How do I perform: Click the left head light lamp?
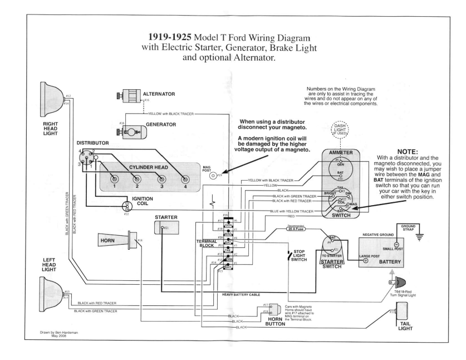point(51,290)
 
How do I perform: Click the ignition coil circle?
point(126,206)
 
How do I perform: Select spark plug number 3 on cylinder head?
point(162,179)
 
